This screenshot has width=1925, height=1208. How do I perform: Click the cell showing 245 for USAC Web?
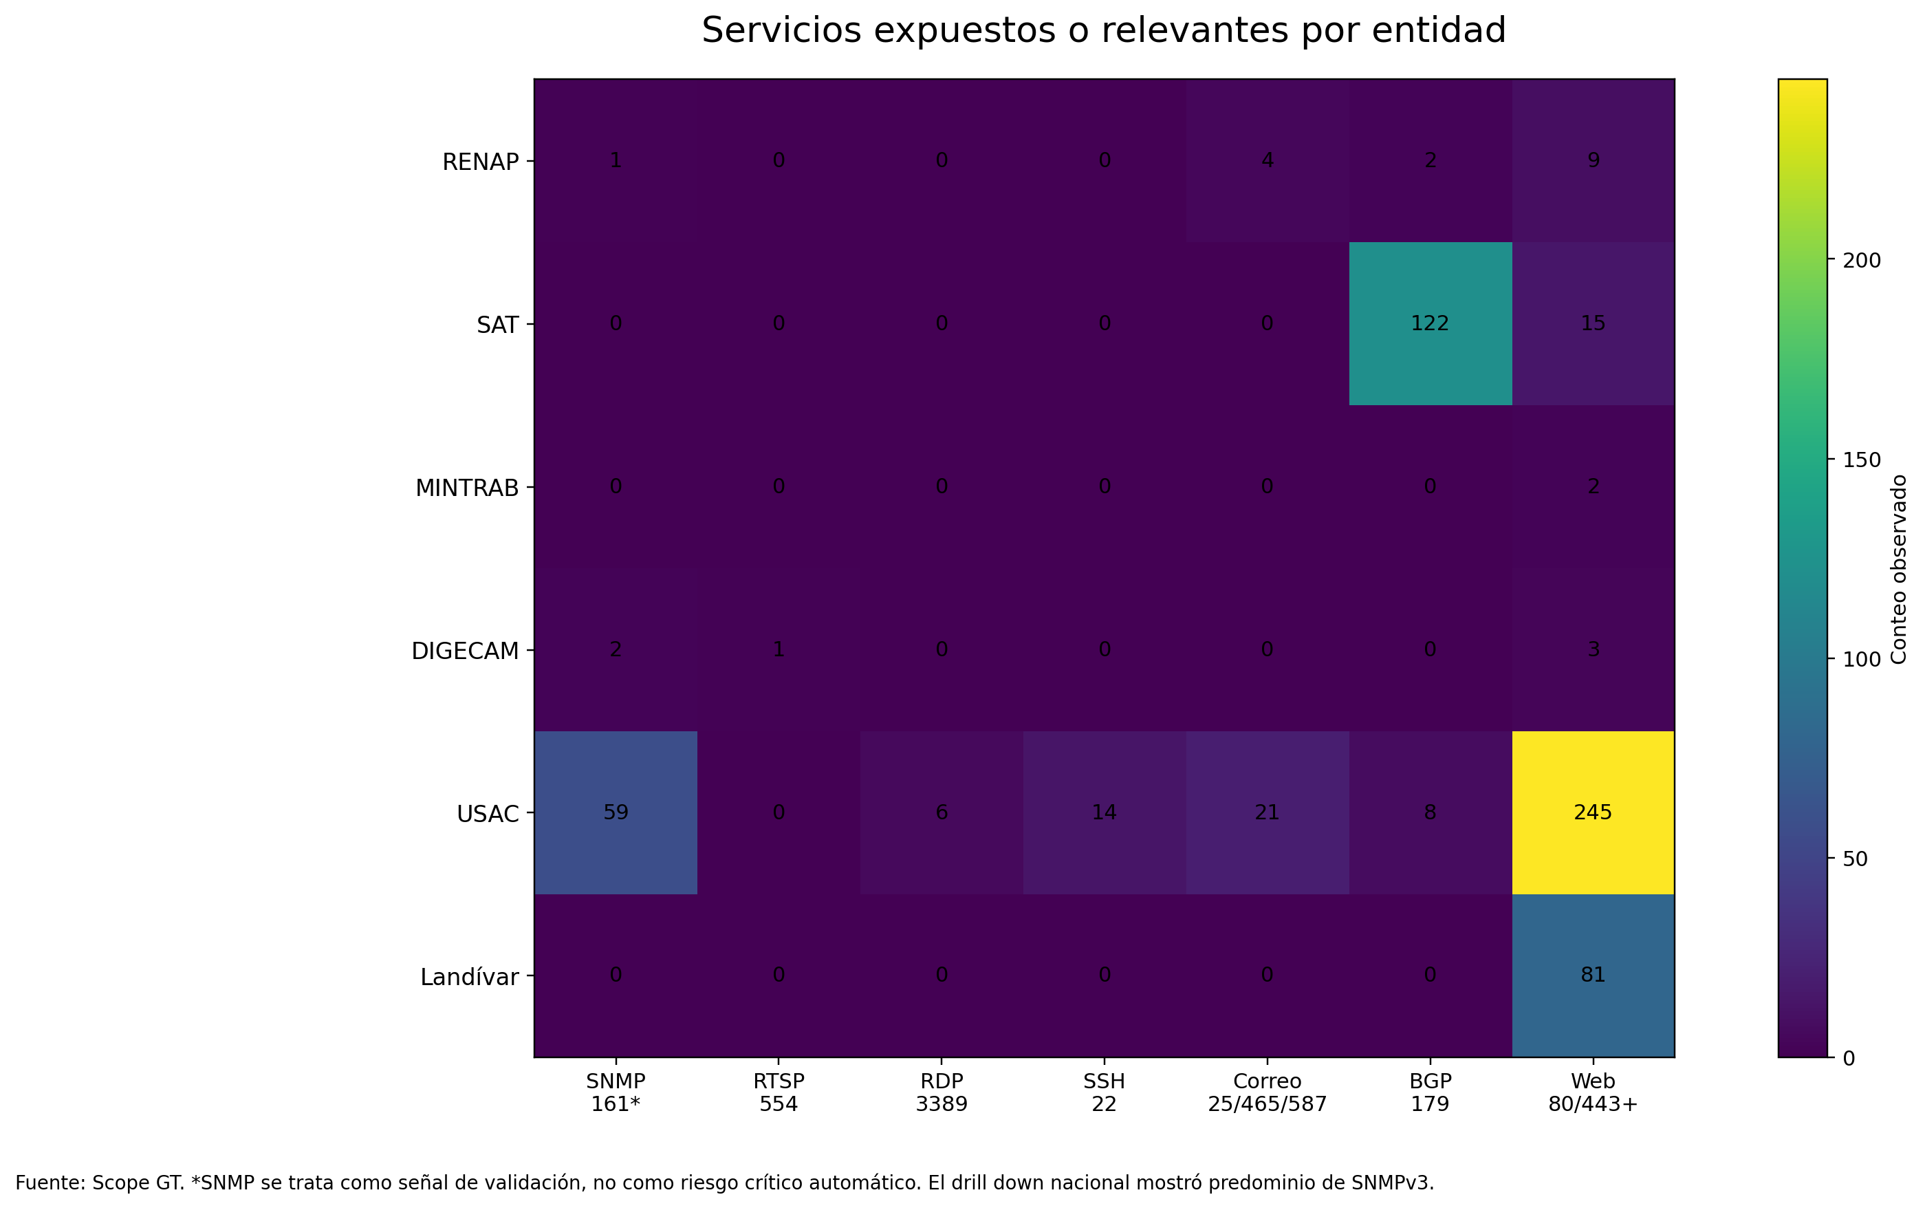(x=1592, y=812)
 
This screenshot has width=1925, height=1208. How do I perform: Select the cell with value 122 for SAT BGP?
(x=1430, y=323)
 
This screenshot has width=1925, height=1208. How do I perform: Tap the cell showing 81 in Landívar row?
(x=1592, y=975)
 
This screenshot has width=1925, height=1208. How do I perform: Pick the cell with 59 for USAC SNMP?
(x=616, y=812)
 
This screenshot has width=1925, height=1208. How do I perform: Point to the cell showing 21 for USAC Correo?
(x=1267, y=812)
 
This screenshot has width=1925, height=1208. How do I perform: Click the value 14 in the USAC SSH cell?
(x=1104, y=812)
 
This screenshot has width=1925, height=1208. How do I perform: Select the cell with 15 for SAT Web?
(x=1592, y=323)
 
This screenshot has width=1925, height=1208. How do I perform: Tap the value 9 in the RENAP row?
(x=1592, y=160)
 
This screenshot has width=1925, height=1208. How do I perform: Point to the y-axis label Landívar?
(x=470, y=977)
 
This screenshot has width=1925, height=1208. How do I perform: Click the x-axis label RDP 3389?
(x=941, y=1093)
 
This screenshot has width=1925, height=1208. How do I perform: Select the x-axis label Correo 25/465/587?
(x=1267, y=1093)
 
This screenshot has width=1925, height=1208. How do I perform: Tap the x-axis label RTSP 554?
(x=778, y=1093)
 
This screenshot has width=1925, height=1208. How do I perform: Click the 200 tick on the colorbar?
(x=1862, y=261)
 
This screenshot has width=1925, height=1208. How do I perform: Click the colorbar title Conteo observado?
(x=1900, y=569)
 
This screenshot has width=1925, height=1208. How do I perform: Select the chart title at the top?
(x=1103, y=31)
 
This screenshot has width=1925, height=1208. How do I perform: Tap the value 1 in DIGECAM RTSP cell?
(x=778, y=649)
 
